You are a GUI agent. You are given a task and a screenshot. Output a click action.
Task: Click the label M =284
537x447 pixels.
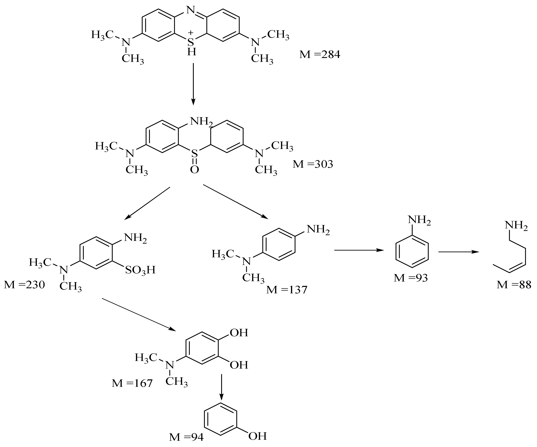click(x=320, y=54)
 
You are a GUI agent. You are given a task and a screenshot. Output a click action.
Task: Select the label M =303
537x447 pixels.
click(x=313, y=164)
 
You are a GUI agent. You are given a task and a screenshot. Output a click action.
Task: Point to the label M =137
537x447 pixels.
click(x=286, y=290)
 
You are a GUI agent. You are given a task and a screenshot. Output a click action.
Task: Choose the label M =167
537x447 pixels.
click(x=132, y=383)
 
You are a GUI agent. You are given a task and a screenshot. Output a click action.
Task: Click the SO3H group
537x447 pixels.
click(x=140, y=270)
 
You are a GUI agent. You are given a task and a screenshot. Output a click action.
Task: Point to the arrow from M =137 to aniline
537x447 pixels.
click(x=359, y=250)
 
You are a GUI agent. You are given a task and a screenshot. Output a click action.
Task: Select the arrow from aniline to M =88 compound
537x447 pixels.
click(x=459, y=252)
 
